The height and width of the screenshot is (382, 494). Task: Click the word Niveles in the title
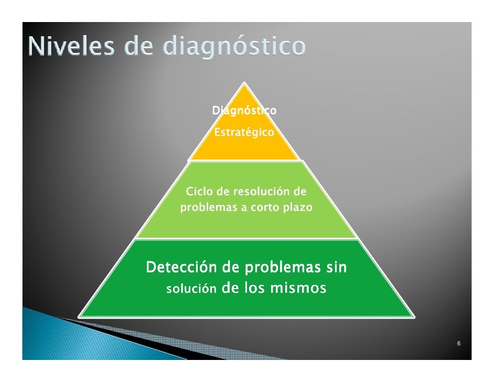[x=71, y=46]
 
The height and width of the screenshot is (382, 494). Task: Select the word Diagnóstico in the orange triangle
[x=244, y=111]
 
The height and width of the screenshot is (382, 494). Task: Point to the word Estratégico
[x=244, y=132]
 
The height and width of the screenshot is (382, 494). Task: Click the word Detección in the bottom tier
[x=181, y=267]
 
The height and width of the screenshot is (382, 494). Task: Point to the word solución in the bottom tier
[x=191, y=289]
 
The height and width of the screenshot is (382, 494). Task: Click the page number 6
[x=459, y=343]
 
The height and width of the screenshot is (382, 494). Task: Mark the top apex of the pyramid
[x=244, y=82]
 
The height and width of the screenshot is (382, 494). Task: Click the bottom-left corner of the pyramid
[x=79, y=317]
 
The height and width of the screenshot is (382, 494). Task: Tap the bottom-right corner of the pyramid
[x=414, y=317]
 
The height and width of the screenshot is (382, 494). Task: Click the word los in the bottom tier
[x=254, y=288]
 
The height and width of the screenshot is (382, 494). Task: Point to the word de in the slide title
[x=139, y=46]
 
